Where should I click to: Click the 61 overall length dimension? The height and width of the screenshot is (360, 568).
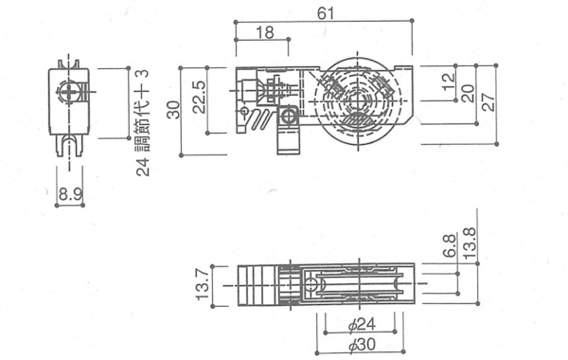click(x=326, y=13)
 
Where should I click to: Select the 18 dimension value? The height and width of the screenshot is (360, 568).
click(x=265, y=32)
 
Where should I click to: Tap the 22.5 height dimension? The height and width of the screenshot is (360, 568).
click(x=199, y=97)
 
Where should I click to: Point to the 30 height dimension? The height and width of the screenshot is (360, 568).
click(x=174, y=110)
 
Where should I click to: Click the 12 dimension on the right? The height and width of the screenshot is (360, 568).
click(x=448, y=81)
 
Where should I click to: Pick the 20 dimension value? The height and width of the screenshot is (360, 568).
click(x=468, y=93)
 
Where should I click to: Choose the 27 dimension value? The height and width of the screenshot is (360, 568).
click(x=488, y=102)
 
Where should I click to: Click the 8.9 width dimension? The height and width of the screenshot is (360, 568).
click(x=70, y=194)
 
